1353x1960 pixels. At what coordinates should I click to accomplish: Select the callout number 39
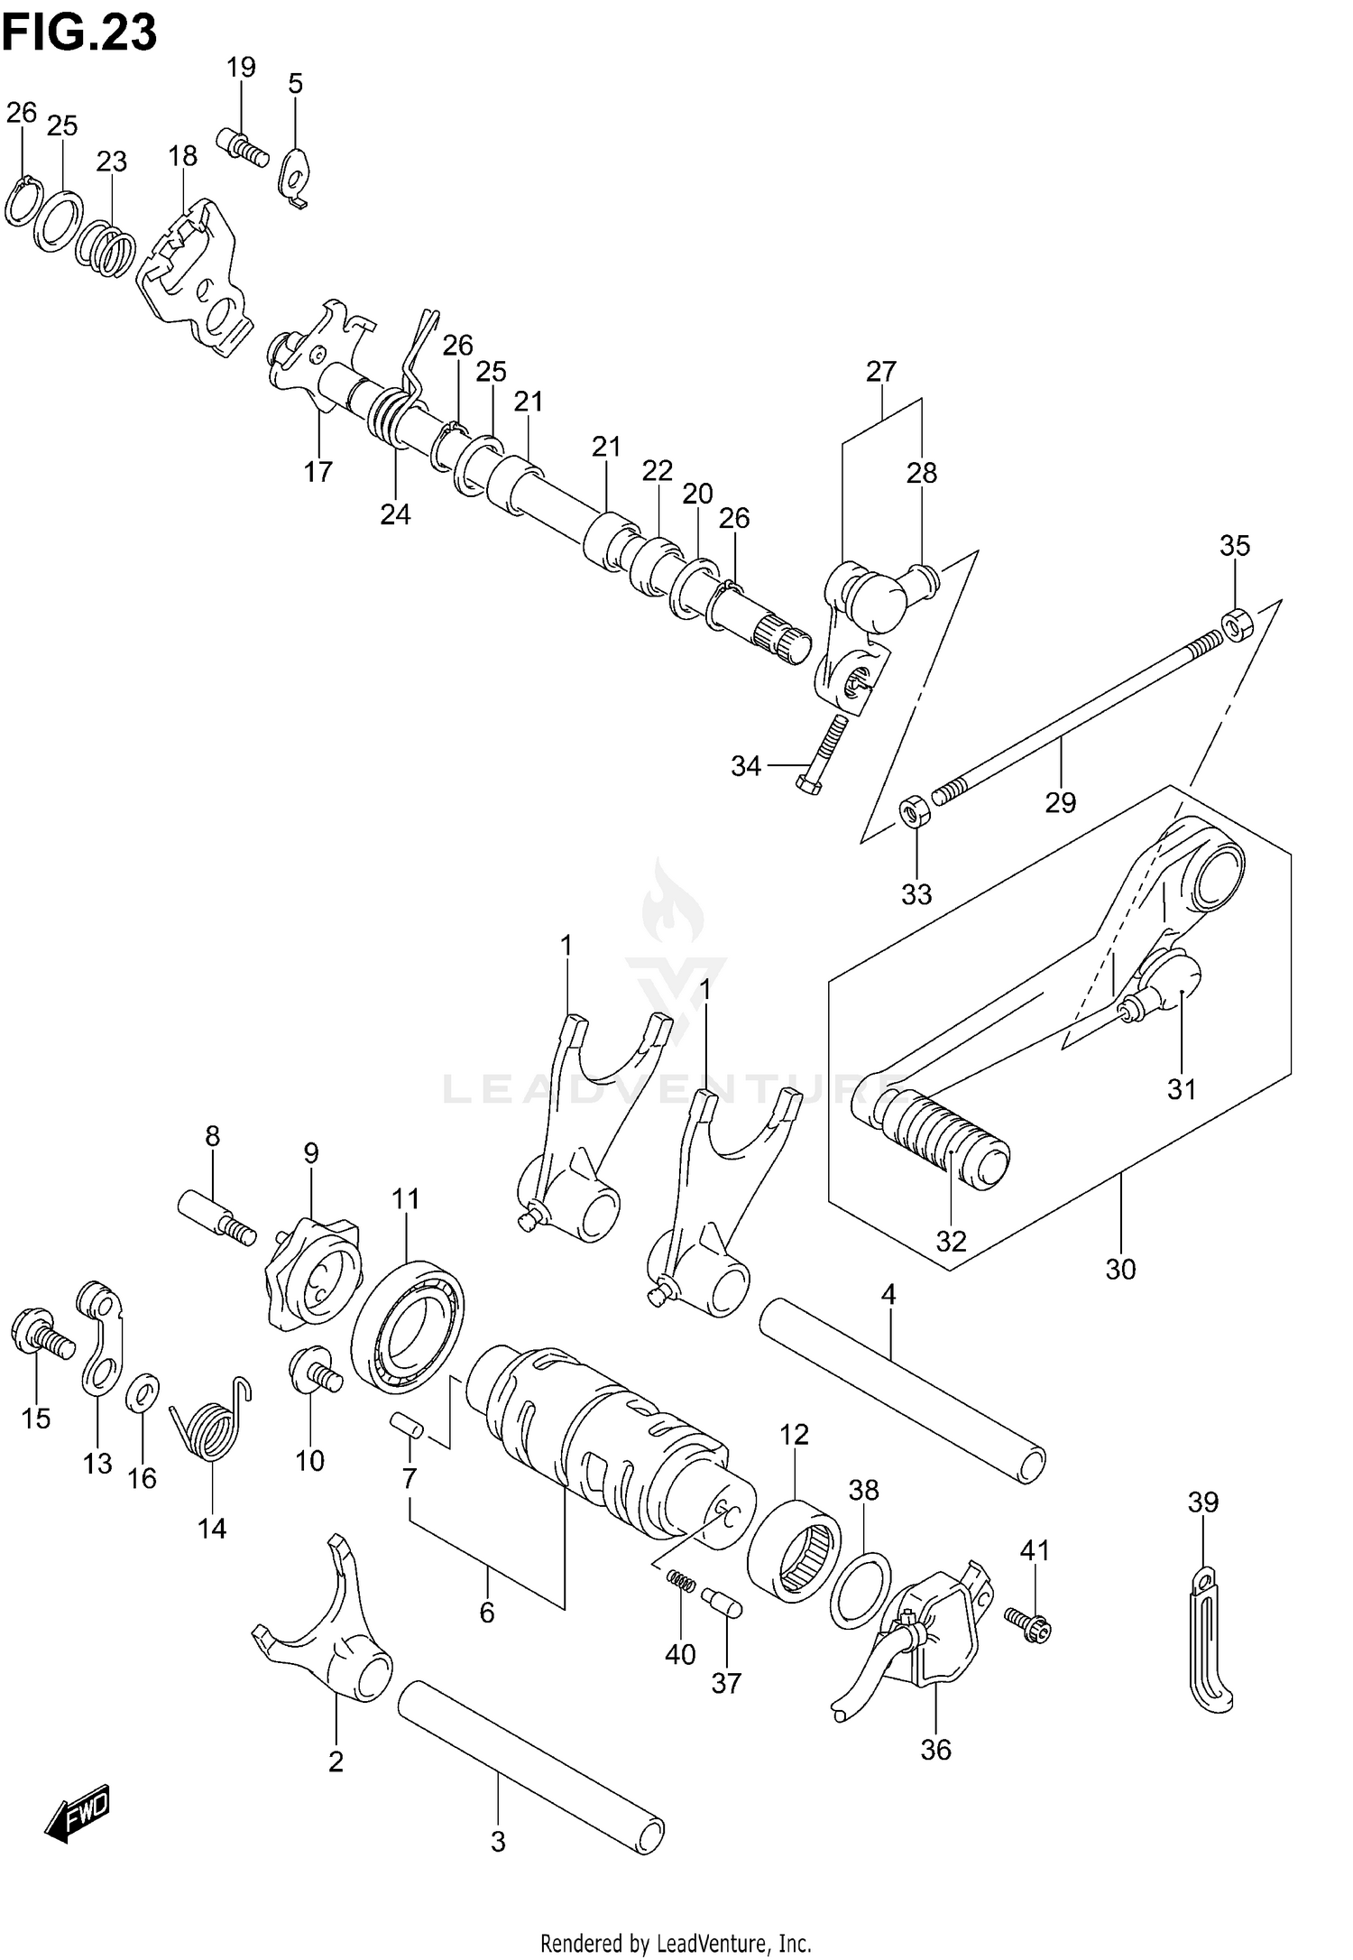tap(1202, 1502)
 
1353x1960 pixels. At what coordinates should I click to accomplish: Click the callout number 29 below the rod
tap(1061, 801)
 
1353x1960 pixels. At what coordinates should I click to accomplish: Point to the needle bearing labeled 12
tap(795, 1551)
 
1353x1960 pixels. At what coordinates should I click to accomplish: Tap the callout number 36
tap(935, 1750)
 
